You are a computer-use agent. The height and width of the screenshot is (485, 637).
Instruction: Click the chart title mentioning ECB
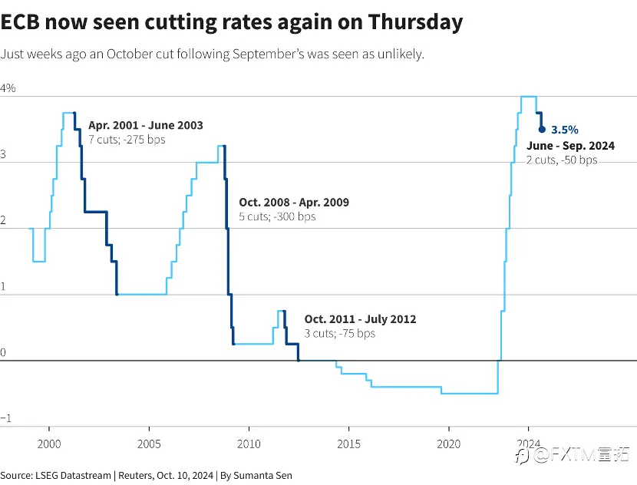[x=232, y=22]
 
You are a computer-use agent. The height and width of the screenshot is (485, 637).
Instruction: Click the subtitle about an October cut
[x=213, y=54]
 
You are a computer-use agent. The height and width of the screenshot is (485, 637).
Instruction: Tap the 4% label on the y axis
[x=8, y=88]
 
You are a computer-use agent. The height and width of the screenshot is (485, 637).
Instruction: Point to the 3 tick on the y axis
[x=4, y=154]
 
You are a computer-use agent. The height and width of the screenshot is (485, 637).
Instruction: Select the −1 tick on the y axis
[x=5, y=418]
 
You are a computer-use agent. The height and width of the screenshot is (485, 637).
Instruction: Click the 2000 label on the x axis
[x=49, y=444]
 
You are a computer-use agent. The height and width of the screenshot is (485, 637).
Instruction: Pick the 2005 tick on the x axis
[x=149, y=444]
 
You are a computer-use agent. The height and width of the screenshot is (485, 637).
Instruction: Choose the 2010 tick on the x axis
[x=249, y=444]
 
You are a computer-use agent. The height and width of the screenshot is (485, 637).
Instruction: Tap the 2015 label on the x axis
[x=348, y=444]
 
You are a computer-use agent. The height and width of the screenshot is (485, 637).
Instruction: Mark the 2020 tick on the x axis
[x=449, y=444]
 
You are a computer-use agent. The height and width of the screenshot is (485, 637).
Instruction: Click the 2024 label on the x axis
[x=529, y=444]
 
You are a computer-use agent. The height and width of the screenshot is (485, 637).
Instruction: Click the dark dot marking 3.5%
[x=542, y=130]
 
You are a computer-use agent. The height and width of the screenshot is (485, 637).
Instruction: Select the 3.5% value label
[x=565, y=130]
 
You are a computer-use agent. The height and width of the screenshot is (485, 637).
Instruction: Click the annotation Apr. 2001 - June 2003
[x=146, y=126]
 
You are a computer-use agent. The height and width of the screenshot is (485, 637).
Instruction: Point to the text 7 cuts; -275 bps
[x=127, y=140]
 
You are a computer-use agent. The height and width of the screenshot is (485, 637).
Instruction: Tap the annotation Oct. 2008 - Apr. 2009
[x=294, y=203]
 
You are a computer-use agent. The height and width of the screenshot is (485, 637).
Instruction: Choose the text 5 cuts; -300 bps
[x=277, y=216]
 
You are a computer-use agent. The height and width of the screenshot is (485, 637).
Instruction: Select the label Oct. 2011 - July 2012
[x=360, y=319]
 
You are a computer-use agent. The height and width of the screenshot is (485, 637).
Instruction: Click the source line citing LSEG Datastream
[x=146, y=476]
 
